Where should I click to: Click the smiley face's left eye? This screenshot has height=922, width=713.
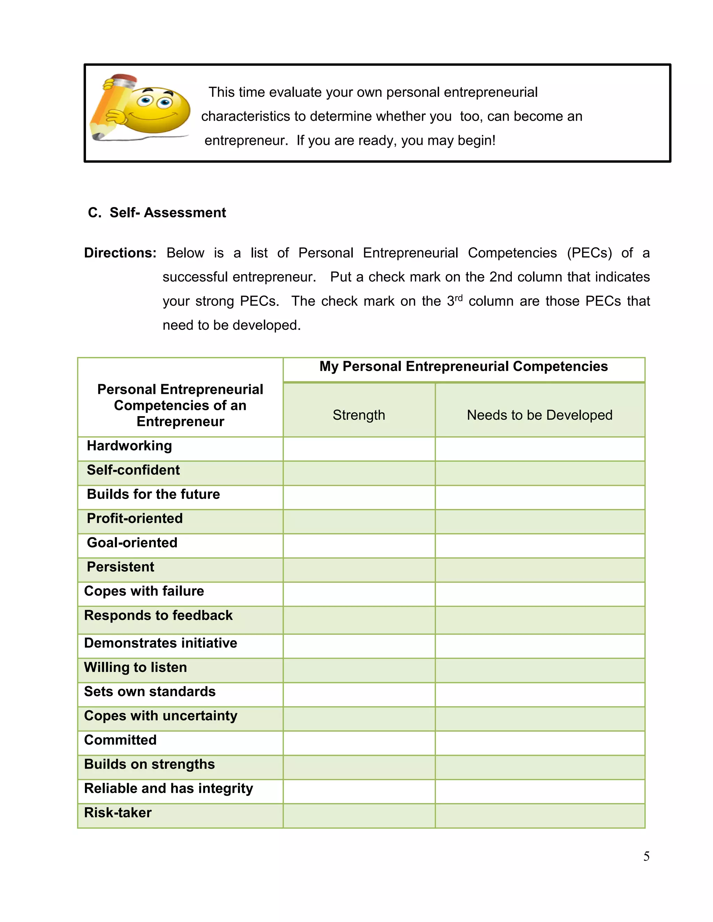(x=146, y=101)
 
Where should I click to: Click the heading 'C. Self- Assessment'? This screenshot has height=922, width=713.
(x=157, y=212)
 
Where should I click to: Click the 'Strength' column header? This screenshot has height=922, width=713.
(x=359, y=415)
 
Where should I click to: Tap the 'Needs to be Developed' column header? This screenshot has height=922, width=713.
(x=539, y=415)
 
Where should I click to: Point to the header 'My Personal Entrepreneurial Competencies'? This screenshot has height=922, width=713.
(x=463, y=366)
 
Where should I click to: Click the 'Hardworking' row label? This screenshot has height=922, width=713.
(x=129, y=446)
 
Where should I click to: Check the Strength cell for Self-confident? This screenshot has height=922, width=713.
(x=359, y=473)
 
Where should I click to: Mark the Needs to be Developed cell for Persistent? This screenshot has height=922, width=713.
(x=539, y=570)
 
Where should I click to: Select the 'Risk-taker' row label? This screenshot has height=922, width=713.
(x=118, y=813)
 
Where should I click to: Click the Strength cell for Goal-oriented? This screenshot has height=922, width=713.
(x=359, y=546)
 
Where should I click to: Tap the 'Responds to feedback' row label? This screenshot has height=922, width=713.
(x=158, y=615)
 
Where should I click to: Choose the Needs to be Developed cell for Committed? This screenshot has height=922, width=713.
(x=539, y=743)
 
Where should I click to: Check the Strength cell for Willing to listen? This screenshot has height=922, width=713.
(x=359, y=670)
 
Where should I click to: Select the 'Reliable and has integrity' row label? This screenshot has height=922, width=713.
(x=169, y=789)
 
